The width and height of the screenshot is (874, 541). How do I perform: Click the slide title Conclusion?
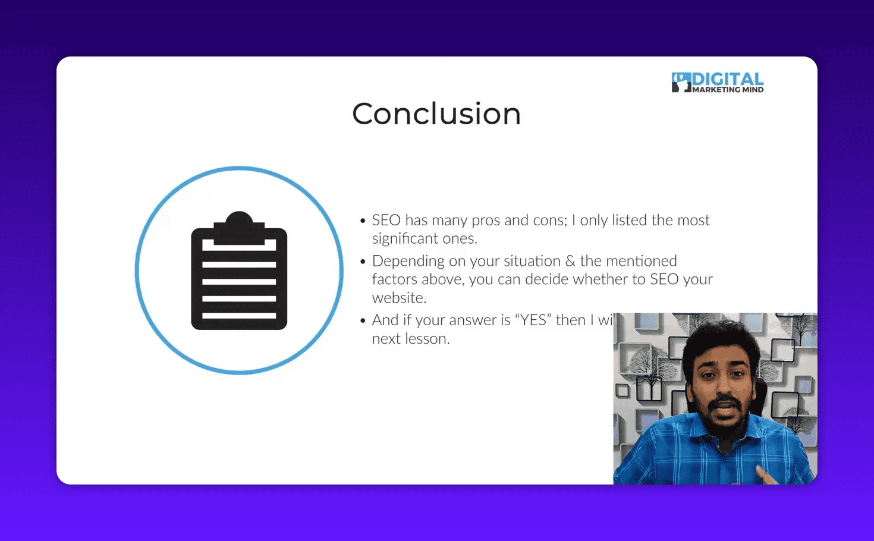coord(436,114)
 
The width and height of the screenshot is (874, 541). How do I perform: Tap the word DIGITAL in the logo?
coord(728,80)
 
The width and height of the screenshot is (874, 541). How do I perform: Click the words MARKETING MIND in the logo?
coord(728,90)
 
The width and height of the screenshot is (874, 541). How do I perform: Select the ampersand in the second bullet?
coord(570,261)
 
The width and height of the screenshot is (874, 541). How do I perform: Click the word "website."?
coord(399,298)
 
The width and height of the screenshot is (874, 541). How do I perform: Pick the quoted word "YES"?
coord(533,320)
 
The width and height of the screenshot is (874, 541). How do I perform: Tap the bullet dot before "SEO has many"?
coord(363,221)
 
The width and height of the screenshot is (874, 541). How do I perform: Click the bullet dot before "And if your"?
coord(363,320)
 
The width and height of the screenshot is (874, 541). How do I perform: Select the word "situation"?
coord(532,261)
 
